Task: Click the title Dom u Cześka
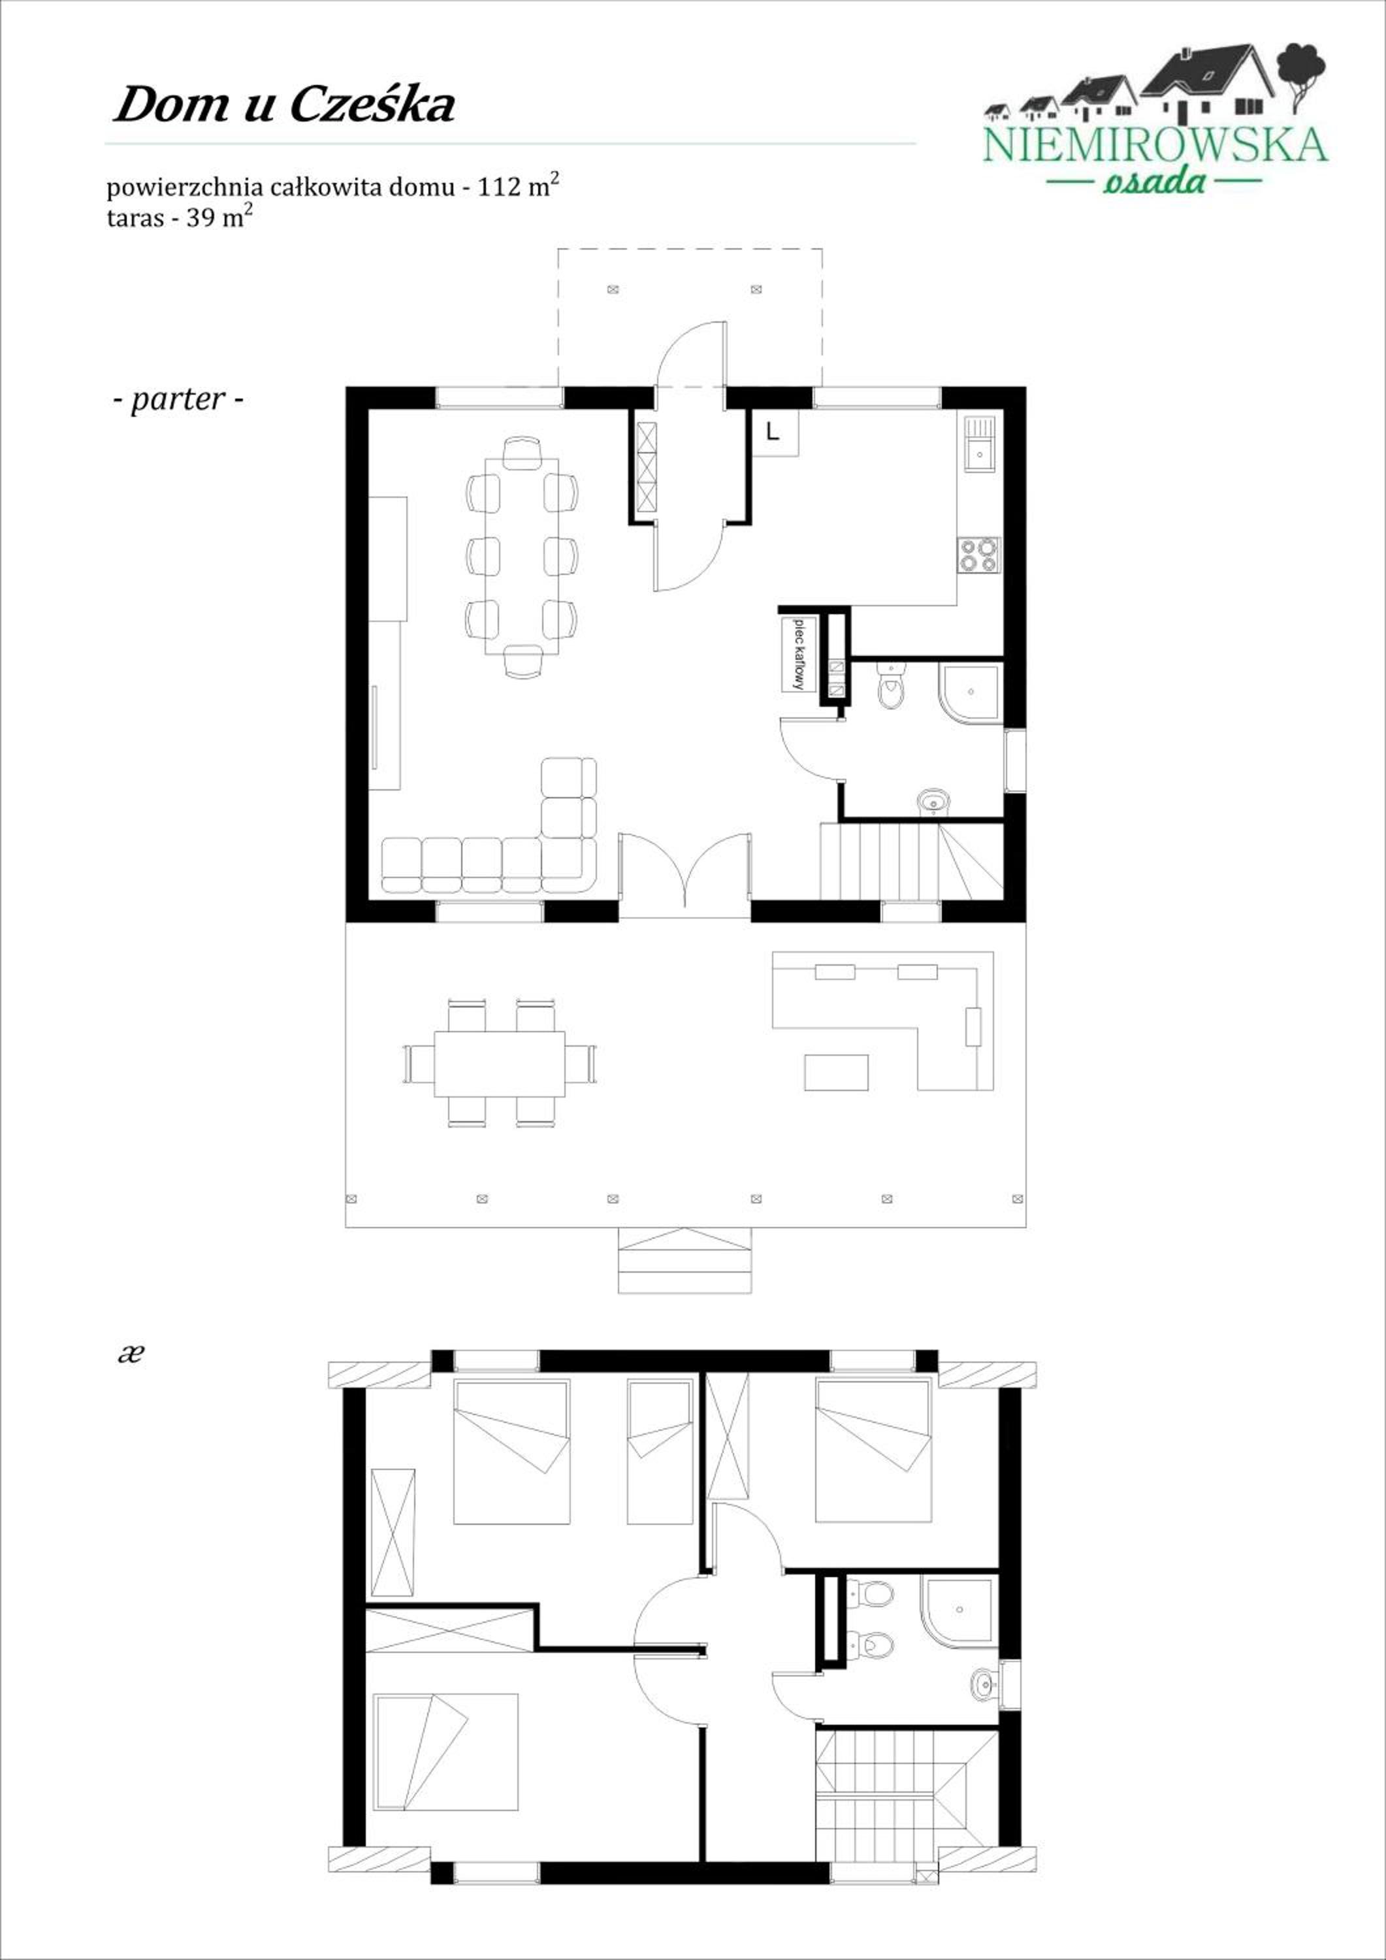click(284, 106)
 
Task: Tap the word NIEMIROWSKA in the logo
click(1155, 145)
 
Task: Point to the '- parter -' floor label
click(178, 399)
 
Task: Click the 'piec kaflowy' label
click(799, 653)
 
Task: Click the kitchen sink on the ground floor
click(980, 443)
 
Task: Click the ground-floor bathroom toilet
click(891, 687)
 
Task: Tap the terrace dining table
click(499, 1064)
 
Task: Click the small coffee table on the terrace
click(837, 1072)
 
